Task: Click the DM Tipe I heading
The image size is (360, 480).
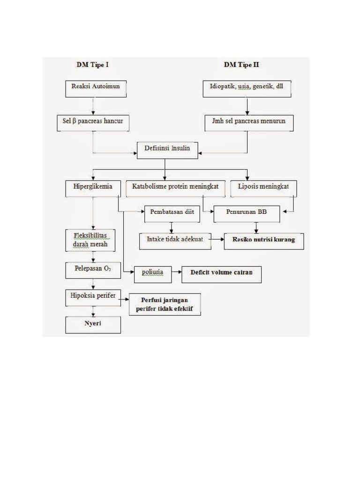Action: coord(93,65)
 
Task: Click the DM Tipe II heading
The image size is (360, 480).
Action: coord(241,65)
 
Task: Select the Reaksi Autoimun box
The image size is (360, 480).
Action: coord(96,89)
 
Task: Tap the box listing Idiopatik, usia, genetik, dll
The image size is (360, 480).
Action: coord(247,89)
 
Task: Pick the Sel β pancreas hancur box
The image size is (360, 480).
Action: coord(92,123)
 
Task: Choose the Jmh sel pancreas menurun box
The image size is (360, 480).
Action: coord(248,123)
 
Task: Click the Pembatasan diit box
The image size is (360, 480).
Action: coord(172,214)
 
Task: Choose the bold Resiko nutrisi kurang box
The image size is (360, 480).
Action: coord(263,241)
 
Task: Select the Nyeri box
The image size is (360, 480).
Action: coord(92,325)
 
